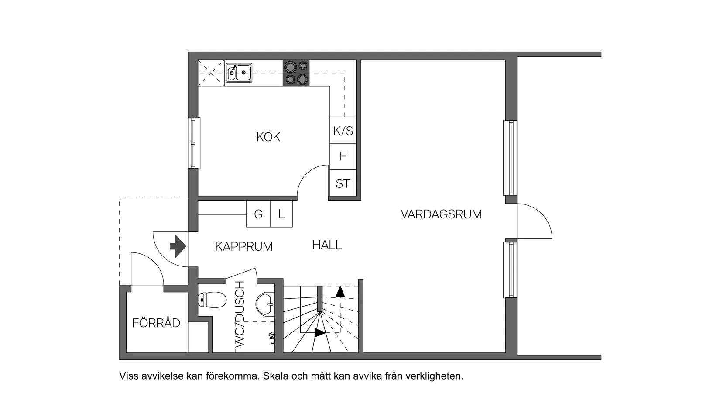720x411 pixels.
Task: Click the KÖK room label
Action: [268, 137]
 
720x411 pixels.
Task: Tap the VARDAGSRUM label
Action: [441, 214]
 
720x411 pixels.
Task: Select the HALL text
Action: [327, 245]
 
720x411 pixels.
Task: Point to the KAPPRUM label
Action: [243, 246]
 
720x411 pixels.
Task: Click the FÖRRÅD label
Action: [156, 323]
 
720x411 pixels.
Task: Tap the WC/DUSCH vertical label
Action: [240, 314]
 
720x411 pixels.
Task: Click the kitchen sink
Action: [239, 73]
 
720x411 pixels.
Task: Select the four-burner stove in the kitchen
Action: [296, 73]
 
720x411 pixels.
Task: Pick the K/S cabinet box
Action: [343, 130]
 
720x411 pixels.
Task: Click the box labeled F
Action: [343, 156]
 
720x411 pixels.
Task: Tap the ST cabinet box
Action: [343, 183]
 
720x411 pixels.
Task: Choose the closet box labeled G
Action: [258, 214]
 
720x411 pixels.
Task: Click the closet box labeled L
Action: [281, 214]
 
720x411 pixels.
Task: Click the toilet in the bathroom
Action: [212, 300]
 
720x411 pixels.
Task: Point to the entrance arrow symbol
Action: [178, 246]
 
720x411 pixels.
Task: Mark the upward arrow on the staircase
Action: [340, 292]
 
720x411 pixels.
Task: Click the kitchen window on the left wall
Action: [194, 143]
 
